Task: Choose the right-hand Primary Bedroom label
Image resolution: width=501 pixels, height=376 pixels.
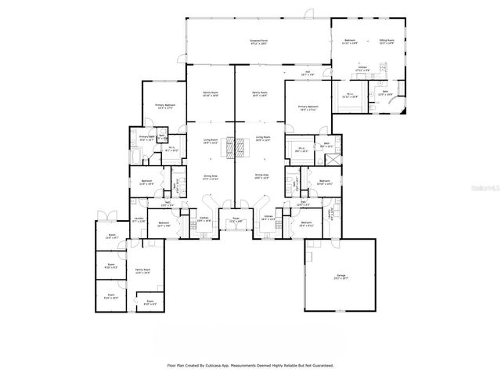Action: tap(307, 107)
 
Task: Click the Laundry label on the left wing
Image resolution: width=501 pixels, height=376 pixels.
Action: tap(139, 222)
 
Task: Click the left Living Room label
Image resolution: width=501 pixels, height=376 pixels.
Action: tap(210, 143)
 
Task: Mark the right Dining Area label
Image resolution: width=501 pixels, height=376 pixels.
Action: tap(260, 178)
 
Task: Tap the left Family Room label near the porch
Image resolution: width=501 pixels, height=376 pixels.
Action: tap(210, 93)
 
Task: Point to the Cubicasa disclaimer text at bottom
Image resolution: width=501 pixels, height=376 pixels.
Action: tap(250, 365)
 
